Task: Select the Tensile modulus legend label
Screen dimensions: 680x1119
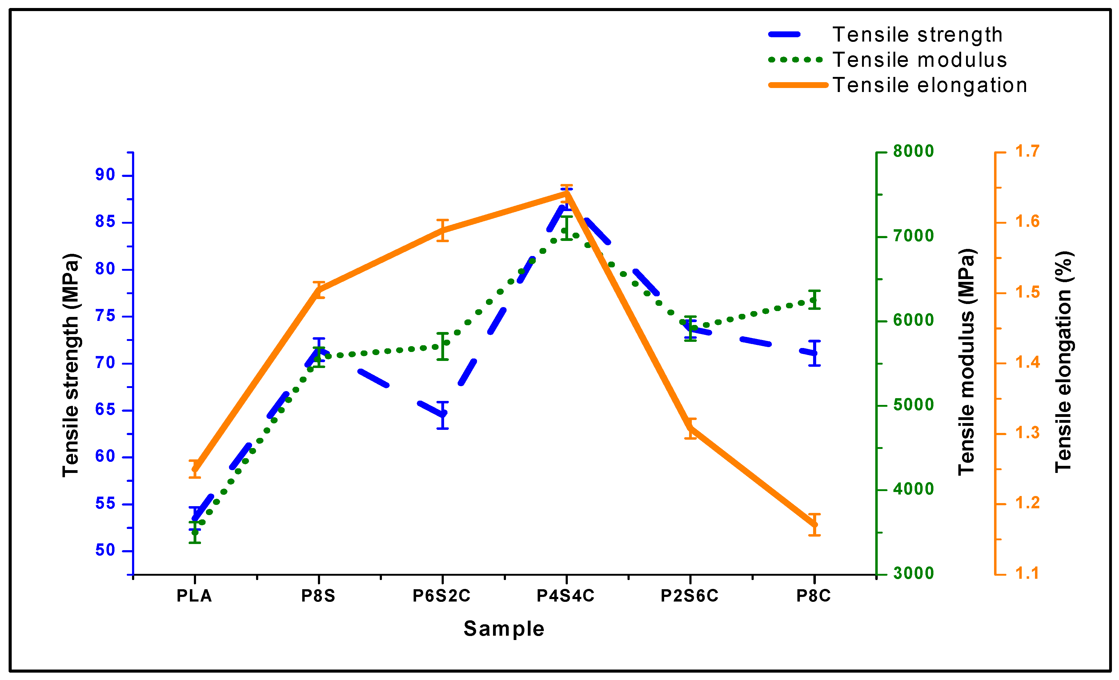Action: [x=920, y=60]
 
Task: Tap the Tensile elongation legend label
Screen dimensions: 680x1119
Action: [x=930, y=85]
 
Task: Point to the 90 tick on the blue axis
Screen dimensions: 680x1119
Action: [x=105, y=175]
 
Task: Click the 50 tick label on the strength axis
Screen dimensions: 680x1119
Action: [x=105, y=550]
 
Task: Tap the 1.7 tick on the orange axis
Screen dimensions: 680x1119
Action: [x=1027, y=151]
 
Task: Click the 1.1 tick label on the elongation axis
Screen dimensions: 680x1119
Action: [x=1027, y=573]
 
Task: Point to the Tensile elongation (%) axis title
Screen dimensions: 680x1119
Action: [x=1063, y=362]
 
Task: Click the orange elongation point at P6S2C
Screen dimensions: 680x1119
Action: [x=443, y=230]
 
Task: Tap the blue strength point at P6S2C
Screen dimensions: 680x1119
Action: [x=443, y=414]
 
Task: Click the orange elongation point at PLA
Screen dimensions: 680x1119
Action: [x=195, y=469]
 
